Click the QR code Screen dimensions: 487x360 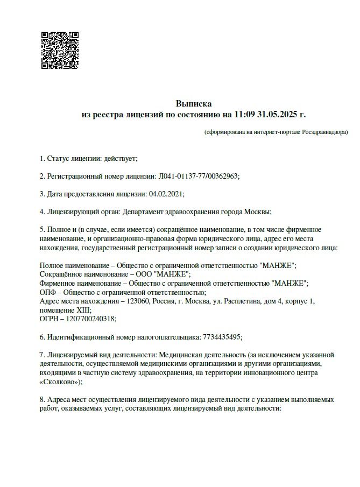click(x=60, y=50)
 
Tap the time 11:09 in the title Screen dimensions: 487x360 click(x=245, y=115)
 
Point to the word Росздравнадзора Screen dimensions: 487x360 click(x=324, y=132)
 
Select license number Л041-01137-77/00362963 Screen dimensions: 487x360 click(x=198, y=176)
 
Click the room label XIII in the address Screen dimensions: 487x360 click(x=82, y=309)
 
